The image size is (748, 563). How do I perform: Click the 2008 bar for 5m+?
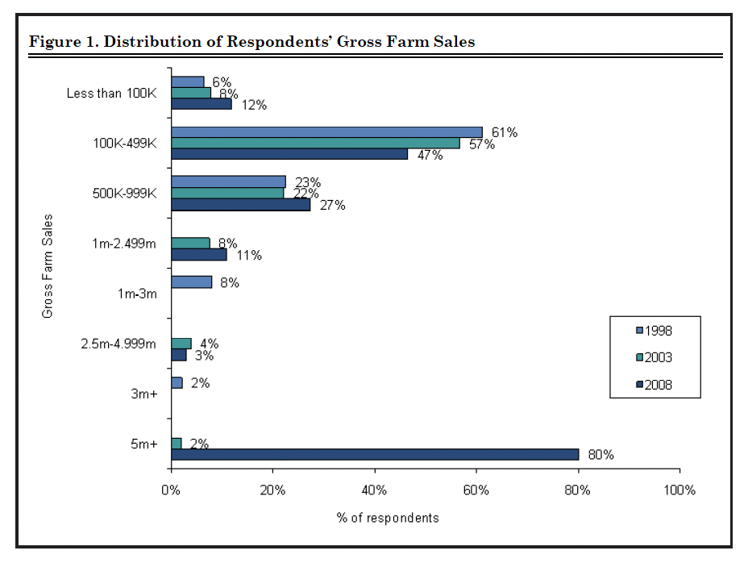tap(375, 454)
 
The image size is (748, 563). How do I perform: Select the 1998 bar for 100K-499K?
tap(326, 132)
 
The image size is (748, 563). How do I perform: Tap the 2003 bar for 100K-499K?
tap(315, 143)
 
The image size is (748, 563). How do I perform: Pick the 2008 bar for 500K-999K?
tap(240, 205)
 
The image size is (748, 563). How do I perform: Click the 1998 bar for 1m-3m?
tap(191, 282)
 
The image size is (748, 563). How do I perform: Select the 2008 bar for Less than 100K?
tap(201, 104)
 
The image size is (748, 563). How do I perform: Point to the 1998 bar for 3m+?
tap(177, 382)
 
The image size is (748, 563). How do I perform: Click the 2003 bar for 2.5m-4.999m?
tap(181, 344)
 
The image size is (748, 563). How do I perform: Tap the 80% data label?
tap(600, 455)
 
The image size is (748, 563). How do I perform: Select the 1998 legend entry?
tap(654, 330)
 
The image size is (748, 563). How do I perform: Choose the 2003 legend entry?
tap(654, 357)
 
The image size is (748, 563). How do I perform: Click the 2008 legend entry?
tap(654, 385)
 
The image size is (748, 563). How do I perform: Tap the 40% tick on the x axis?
tap(374, 490)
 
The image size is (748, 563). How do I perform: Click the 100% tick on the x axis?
tap(679, 490)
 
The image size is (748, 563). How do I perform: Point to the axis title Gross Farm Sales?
tap(48, 265)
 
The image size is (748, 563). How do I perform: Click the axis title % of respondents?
tap(388, 518)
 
